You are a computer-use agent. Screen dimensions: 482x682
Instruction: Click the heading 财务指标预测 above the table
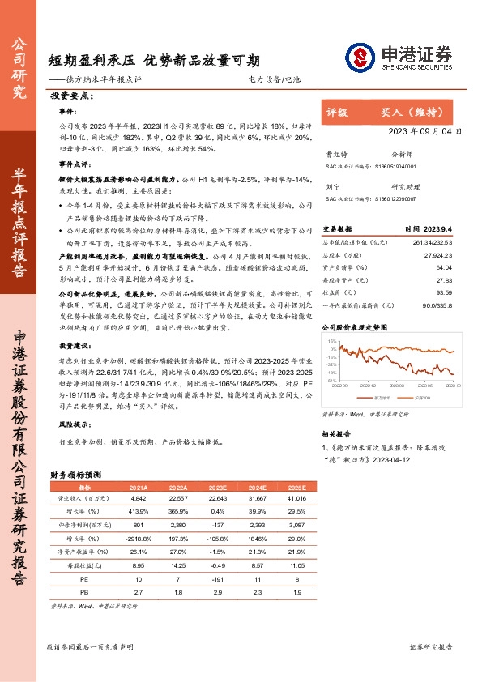[x=75, y=475]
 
